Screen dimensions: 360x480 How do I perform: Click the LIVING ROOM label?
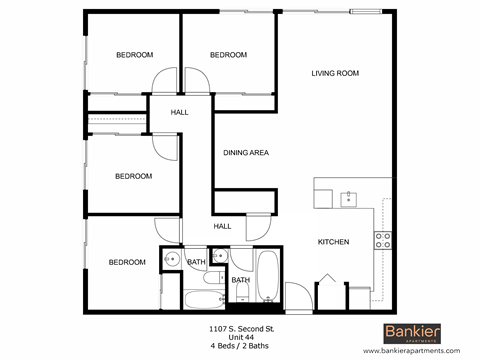tap(335, 73)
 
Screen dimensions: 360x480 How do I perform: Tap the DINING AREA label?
tap(245, 152)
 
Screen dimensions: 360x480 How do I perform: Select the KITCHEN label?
tap(333, 242)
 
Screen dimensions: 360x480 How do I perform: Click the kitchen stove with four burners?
tap(382, 239)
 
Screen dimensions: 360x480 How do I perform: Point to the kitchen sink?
tap(347, 197)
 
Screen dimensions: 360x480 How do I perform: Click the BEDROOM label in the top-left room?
tap(134, 55)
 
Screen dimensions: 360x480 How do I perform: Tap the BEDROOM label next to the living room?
tap(229, 55)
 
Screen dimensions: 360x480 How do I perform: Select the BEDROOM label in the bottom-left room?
tap(127, 262)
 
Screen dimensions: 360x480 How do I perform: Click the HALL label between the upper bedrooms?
tap(179, 112)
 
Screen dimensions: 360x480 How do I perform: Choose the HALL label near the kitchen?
tap(222, 226)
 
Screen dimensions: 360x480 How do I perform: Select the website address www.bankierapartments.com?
tap(413, 351)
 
